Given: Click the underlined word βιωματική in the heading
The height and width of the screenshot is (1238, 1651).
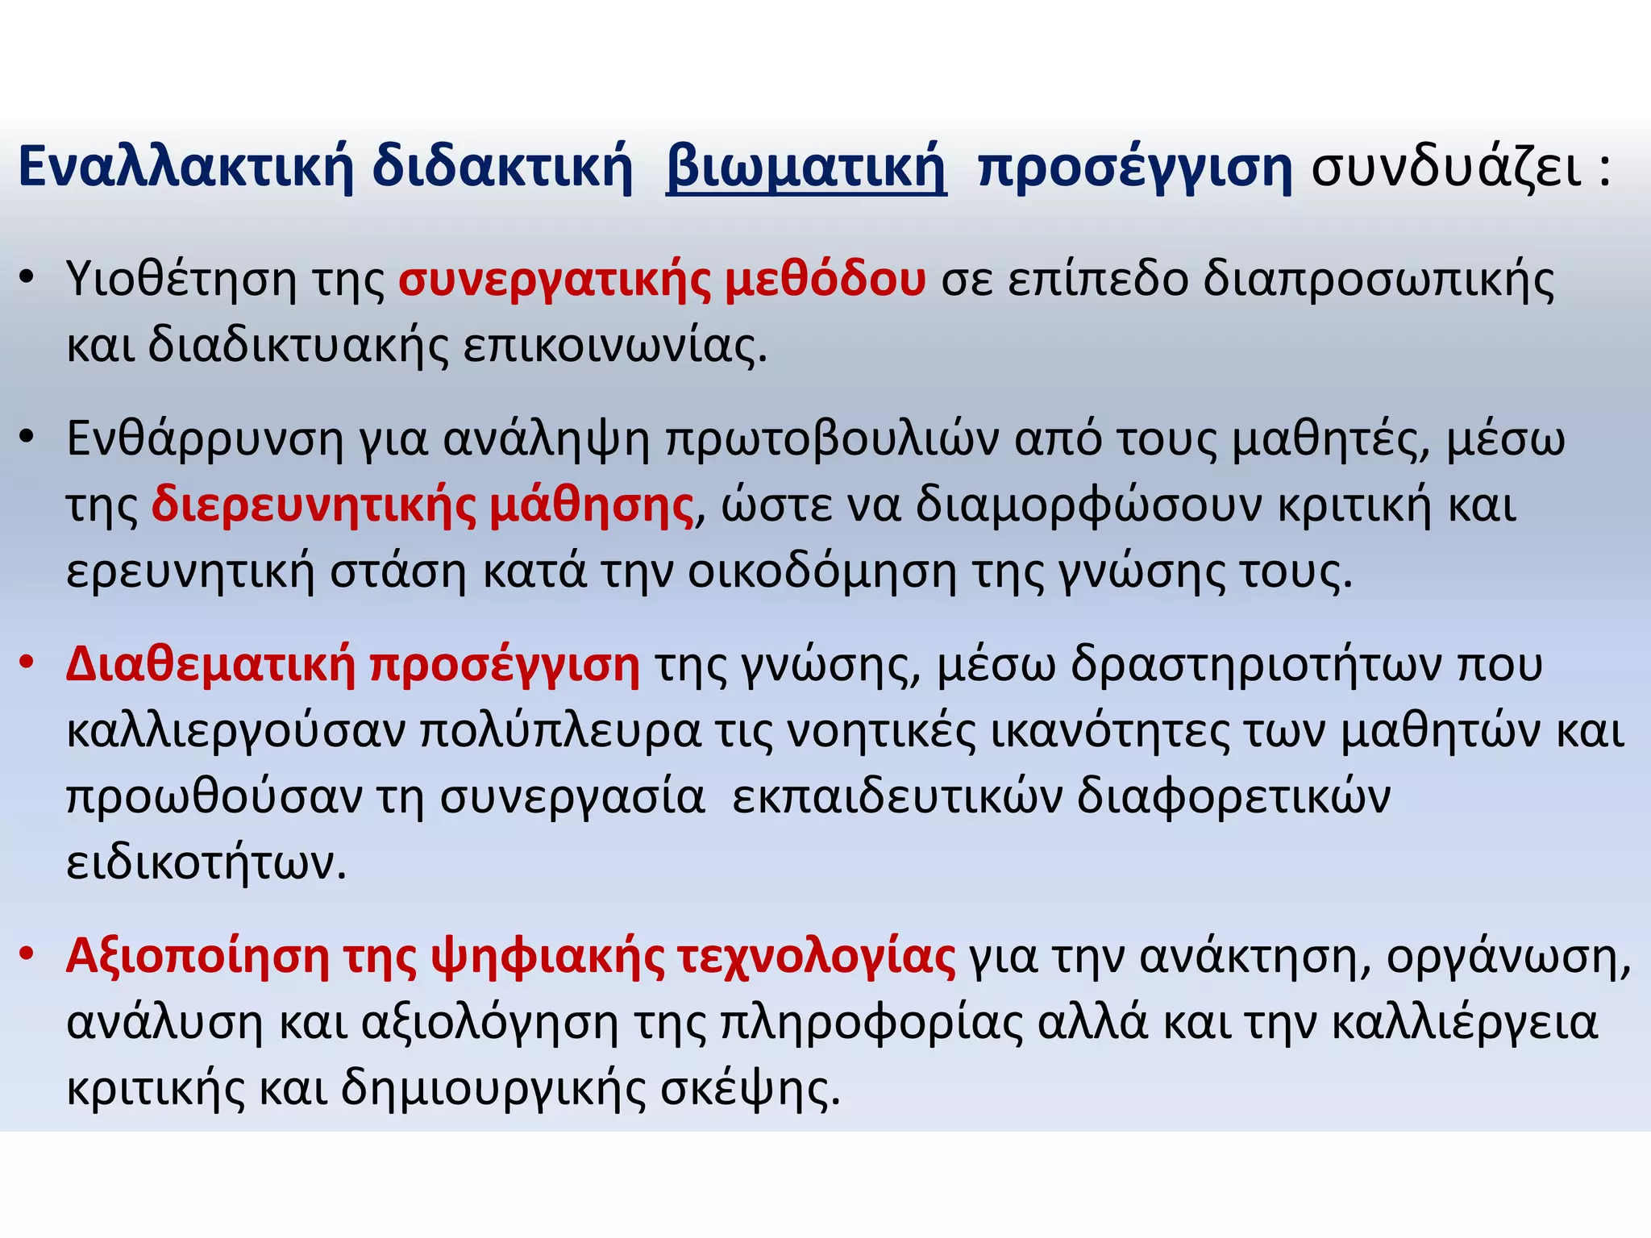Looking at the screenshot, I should (x=806, y=168).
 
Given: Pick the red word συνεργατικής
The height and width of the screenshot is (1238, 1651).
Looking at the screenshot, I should (x=555, y=280).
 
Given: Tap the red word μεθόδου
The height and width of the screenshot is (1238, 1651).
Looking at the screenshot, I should (x=825, y=280).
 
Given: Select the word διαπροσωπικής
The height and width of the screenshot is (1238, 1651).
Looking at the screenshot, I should (x=1379, y=280).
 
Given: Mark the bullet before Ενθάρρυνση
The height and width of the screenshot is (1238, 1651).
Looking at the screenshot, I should (x=27, y=438).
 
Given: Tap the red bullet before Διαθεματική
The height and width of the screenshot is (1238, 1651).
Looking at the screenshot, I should (x=27, y=663).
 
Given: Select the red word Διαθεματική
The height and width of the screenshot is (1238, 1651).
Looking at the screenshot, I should (x=210, y=665).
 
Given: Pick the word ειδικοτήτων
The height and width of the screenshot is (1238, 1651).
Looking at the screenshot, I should (x=206, y=863).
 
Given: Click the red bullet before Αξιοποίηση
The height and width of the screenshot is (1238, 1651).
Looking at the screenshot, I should (x=27, y=953).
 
